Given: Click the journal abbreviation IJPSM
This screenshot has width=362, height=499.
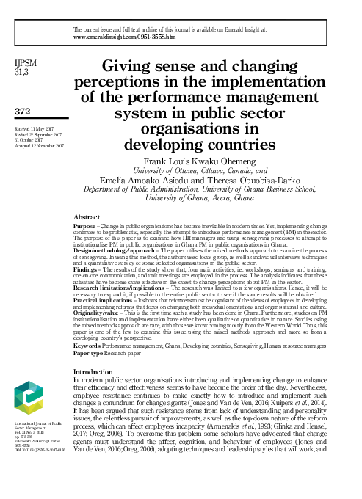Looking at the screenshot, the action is point(26,64).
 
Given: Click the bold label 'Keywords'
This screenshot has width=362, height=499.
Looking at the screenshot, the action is point(90,344).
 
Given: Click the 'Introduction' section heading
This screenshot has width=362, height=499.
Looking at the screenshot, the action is point(101,371).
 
